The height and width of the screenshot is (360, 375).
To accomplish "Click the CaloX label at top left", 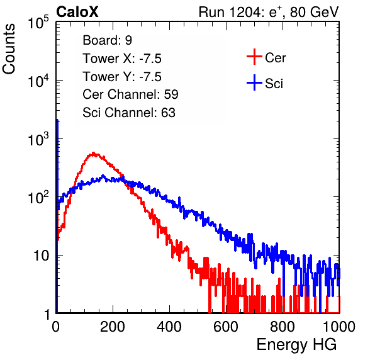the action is tap(77, 12).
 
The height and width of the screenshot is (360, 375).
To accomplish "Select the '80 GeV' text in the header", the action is tap(314, 12).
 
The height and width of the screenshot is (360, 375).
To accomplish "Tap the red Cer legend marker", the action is tap(254, 57).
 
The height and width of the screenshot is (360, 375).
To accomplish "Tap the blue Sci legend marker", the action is tap(254, 83).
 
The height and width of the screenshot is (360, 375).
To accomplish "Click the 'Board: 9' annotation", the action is tap(107, 40).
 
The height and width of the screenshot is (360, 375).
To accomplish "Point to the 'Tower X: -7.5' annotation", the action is tap(122, 59).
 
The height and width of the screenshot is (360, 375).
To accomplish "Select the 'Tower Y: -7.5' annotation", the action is tap(122, 77).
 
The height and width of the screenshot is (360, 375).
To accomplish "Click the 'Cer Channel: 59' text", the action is tap(130, 94).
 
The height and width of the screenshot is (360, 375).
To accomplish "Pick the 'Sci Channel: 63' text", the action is tap(129, 113).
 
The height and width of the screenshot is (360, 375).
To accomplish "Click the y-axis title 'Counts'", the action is tap(9, 49).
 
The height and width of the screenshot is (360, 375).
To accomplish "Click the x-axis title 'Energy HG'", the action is tap(296, 345).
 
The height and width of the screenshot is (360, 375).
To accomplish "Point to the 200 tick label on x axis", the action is tap(113, 327).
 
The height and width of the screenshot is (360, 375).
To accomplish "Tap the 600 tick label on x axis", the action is tap(226, 327).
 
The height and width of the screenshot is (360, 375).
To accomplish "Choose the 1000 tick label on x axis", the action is tap(339, 327).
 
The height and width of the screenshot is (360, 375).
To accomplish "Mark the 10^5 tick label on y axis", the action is tap(38, 22).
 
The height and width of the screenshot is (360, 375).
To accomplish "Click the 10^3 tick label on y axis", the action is tap(38, 138).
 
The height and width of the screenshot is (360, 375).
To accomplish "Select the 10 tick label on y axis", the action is tap(41, 256).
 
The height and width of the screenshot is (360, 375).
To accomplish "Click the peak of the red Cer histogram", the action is tap(94, 154).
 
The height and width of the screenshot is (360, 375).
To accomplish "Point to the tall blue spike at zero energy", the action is tap(57, 215).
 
